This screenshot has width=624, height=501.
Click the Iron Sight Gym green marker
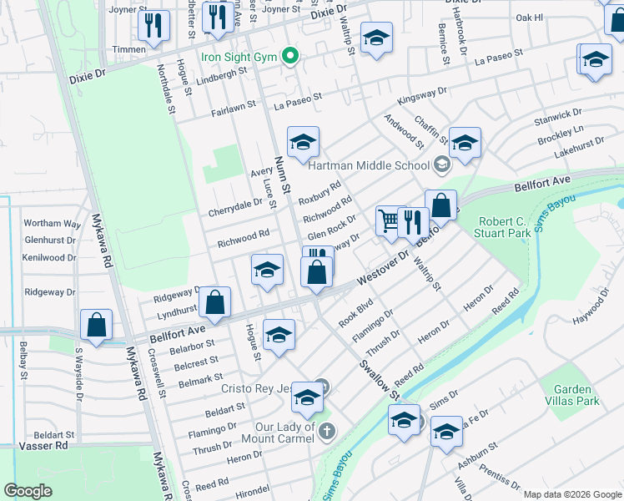click(x=290, y=57)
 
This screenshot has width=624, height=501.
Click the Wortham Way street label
click(x=53, y=224)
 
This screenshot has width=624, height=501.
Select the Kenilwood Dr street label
click(x=51, y=258)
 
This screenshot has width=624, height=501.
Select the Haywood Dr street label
click(x=596, y=316)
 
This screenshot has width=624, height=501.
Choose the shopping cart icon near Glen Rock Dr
click(x=388, y=221)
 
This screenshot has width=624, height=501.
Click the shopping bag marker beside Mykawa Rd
click(x=97, y=325)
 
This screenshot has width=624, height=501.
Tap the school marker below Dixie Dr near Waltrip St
click(x=376, y=38)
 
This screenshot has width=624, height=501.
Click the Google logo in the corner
click(x=28, y=491)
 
